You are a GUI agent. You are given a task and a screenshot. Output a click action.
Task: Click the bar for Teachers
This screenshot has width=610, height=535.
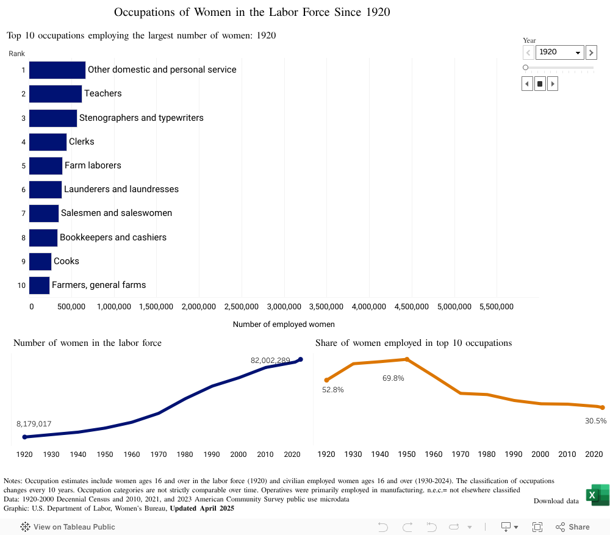pos(56,94)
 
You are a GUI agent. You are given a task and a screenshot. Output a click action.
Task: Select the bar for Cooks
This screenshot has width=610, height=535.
pos(40,262)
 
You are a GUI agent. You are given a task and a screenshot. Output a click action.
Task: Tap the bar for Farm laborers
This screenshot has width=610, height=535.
pos(46,166)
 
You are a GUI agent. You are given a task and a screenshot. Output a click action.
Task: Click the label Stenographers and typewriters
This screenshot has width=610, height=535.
pos(141,118)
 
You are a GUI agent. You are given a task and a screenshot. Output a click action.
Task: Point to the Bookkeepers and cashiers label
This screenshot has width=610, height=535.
pos(113,237)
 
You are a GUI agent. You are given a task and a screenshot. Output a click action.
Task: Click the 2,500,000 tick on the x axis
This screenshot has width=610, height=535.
pos(242,307)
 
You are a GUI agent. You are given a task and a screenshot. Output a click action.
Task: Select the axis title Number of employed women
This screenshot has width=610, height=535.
pos(284,325)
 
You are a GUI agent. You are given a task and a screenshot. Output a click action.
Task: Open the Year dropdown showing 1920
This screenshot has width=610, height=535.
pos(560,52)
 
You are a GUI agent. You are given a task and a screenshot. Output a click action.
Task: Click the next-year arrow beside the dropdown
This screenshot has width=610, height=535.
pos(591,52)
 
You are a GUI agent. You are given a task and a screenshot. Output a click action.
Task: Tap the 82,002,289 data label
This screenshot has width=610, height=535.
pos(270,361)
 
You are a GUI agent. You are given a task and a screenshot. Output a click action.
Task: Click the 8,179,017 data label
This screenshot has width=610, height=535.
pos(34,424)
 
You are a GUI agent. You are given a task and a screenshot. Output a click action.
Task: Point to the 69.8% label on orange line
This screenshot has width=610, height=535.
pos(393,378)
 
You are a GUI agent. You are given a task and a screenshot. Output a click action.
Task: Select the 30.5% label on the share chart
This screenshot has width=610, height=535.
pos(596,421)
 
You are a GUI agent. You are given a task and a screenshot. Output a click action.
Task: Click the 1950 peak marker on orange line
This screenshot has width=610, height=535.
pos(407,359)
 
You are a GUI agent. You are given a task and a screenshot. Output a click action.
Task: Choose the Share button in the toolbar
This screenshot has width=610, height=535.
pos(573,527)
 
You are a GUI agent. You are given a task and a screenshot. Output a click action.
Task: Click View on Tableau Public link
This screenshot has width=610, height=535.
pos(68,527)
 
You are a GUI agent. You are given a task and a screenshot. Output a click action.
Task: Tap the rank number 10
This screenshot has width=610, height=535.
pos(21,285)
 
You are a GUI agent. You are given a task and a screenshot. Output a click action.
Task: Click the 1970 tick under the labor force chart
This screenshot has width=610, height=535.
pos(159,454)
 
